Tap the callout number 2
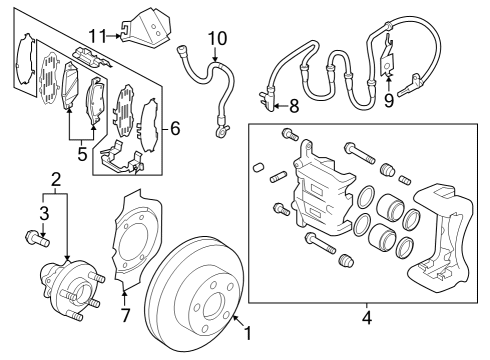pyautogui.click(x=57, y=179)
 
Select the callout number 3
pyautogui.click(x=42, y=212)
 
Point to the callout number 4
pyautogui.click(x=366, y=319)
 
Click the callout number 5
pyautogui.click(x=83, y=155)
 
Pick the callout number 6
pyautogui.click(x=176, y=128)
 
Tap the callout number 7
pyautogui.click(x=124, y=317)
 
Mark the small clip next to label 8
pyautogui.click(x=266, y=100)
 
